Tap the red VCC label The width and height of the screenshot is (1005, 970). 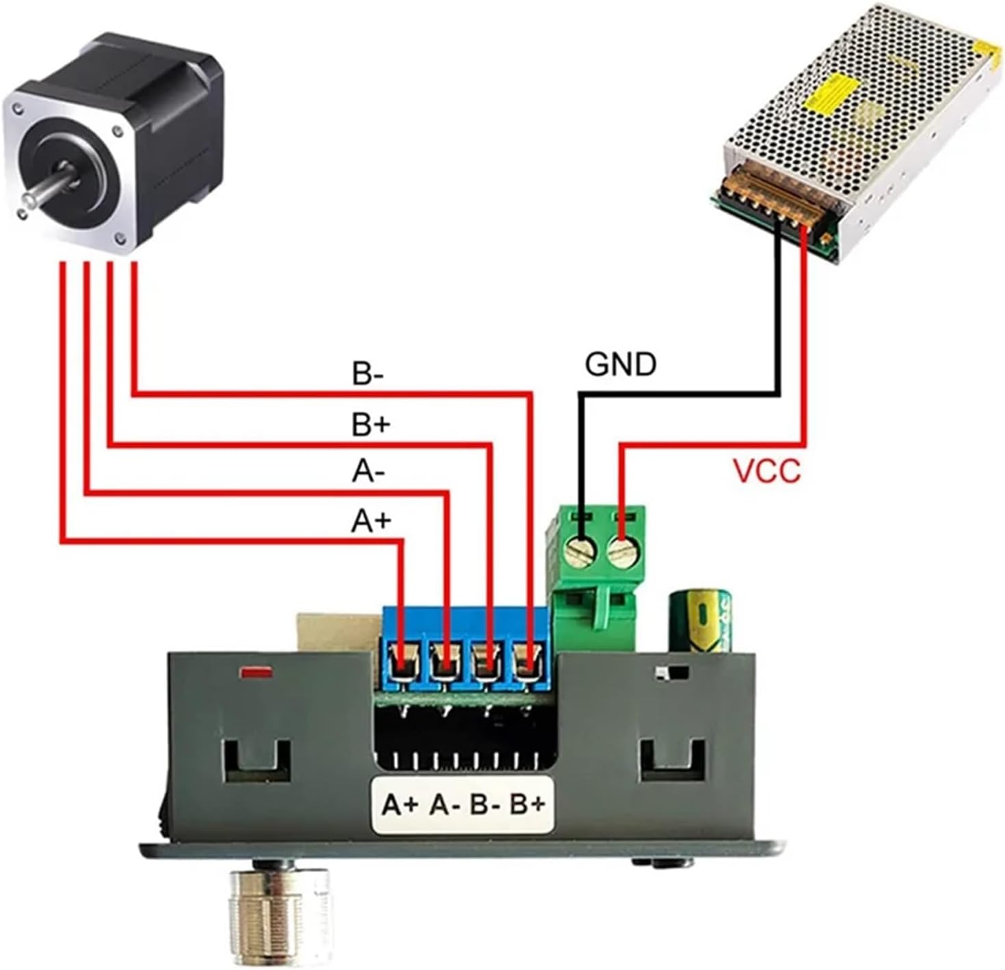tap(766, 472)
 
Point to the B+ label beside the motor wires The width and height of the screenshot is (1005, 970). tap(371, 425)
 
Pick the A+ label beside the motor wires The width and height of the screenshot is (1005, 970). tap(371, 521)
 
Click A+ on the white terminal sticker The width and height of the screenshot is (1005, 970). tap(400, 804)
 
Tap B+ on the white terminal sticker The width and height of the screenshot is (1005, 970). tap(528, 804)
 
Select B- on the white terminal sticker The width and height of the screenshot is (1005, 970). tap(486, 804)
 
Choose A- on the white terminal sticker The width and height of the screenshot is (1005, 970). tap(444, 804)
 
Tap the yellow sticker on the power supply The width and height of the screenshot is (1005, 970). tap(831, 92)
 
